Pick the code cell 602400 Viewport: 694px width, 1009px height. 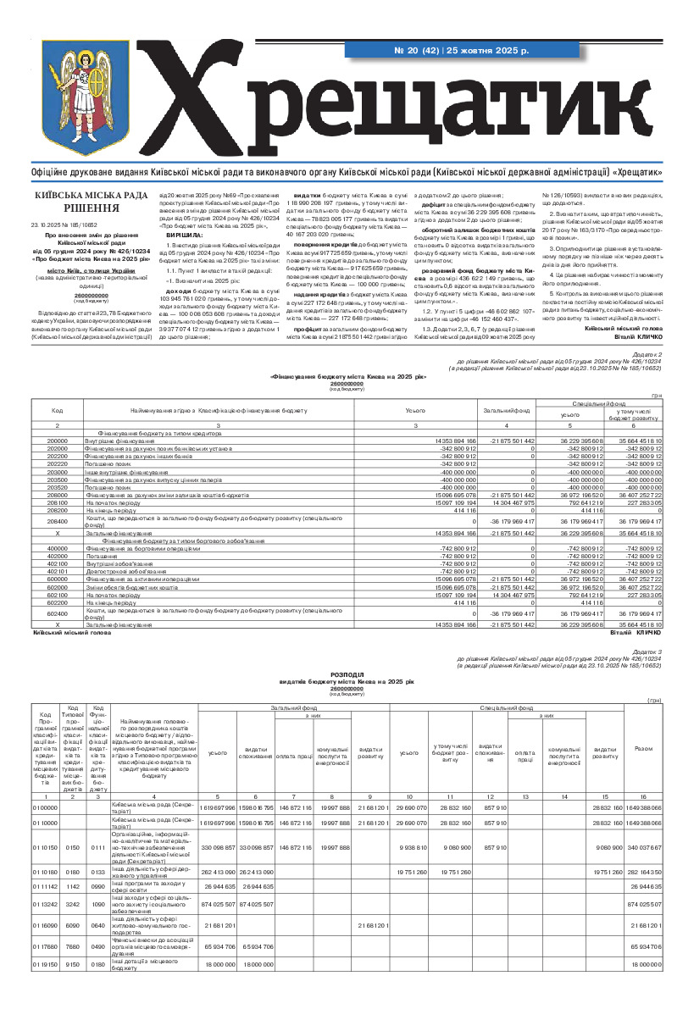coord(58,612)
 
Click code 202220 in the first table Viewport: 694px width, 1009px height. coord(58,464)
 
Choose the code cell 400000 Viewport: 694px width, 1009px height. coord(58,549)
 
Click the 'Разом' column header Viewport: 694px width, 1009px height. coord(643,771)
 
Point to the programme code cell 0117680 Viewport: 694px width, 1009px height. coord(44,947)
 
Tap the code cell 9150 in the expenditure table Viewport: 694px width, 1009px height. coord(73,964)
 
